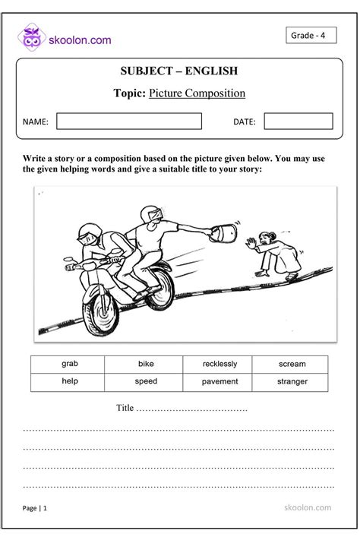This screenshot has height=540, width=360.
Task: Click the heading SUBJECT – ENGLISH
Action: point(179,71)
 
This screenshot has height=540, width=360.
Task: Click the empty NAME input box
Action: point(129,122)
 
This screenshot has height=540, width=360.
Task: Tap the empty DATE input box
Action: point(298,122)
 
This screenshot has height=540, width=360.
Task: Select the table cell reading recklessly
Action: point(219,364)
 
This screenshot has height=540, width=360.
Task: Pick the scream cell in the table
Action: point(292,364)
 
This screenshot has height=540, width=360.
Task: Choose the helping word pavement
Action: point(219,381)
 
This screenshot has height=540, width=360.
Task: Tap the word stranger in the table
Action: point(292,381)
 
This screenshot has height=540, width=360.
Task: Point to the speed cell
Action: point(146,381)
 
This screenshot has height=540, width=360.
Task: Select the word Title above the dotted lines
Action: point(125,408)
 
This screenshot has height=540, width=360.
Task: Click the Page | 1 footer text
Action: point(35,508)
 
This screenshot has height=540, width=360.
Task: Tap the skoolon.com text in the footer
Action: point(307,507)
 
